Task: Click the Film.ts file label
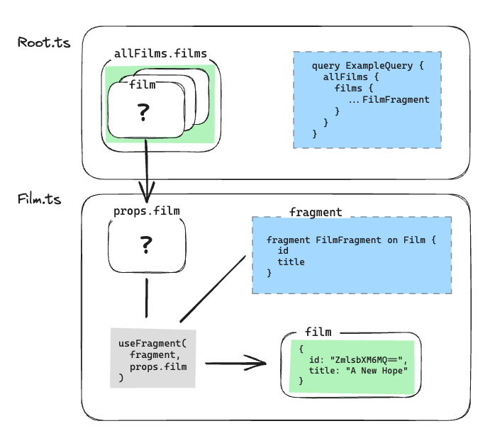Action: pos(40,199)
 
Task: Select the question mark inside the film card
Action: pos(145,111)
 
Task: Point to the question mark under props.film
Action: pos(146,245)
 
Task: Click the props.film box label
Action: pos(147,211)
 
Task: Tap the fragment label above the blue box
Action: pos(316,212)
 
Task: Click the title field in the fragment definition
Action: pos(291,262)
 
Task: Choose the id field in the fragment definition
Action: pos(283,251)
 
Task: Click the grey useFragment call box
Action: pos(152,357)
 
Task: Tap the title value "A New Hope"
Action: pos(373,371)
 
